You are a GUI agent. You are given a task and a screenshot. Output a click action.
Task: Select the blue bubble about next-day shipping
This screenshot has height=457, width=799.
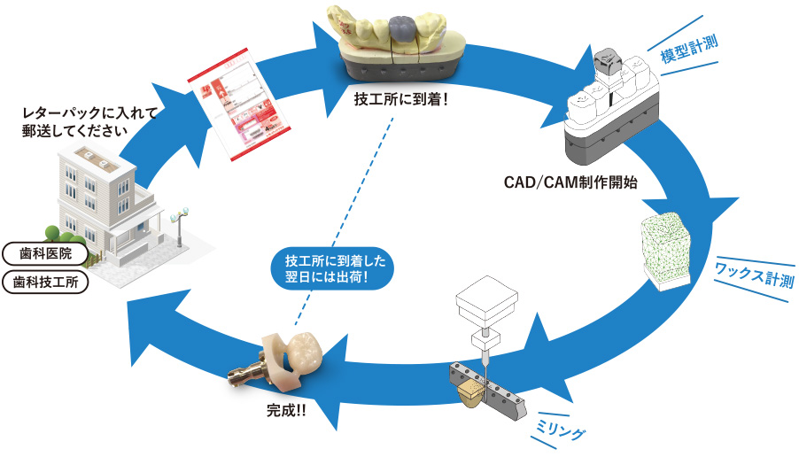coord(328,269)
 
